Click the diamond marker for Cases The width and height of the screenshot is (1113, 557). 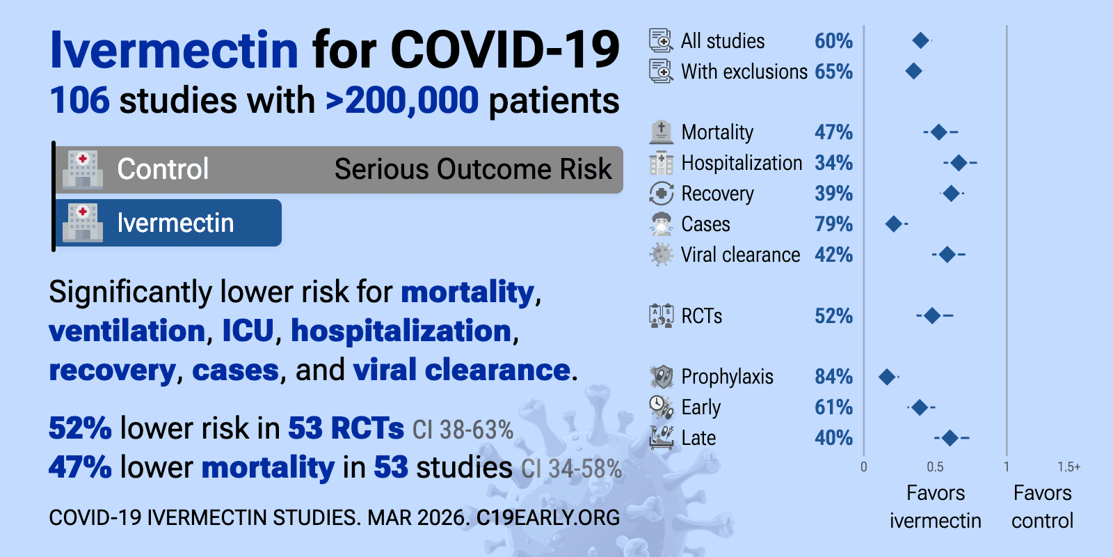coord(893,224)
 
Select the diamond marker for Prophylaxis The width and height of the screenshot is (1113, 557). coord(886,377)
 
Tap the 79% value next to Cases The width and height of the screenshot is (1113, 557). coord(833,224)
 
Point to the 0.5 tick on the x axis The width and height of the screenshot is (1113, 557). coord(935,467)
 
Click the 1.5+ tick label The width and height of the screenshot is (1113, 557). coord(1068,467)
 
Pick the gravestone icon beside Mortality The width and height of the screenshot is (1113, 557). coord(661,132)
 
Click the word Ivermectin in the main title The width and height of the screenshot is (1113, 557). coord(174,50)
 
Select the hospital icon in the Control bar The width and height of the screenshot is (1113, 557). coord(83,169)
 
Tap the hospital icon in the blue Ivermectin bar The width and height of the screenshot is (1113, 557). coord(83,223)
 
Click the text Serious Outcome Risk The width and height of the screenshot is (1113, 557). coord(473,169)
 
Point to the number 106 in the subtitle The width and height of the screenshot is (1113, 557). coord(79,100)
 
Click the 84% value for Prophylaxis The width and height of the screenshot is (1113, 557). coord(833,377)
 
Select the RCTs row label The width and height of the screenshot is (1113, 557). coord(701,316)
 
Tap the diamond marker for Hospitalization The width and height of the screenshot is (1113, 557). coord(959,163)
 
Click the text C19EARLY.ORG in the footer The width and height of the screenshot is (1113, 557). coord(548,518)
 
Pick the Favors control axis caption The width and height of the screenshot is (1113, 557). coord(1042,507)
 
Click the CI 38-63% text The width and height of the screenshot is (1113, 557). coord(463,430)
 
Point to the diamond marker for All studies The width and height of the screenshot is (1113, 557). coord(920,40)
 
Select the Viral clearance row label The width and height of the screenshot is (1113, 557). coord(740,255)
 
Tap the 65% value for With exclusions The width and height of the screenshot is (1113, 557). coord(833,72)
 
